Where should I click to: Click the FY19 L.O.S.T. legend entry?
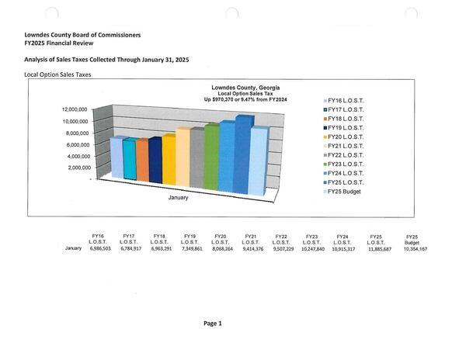(x=343, y=126)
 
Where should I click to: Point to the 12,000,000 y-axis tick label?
(x=78, y=109)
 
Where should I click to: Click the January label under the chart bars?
(x=178, y=197)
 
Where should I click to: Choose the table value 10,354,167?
(x=412, y=248)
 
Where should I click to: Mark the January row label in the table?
(x=73, y=248)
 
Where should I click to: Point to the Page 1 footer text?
(x=213, y=323)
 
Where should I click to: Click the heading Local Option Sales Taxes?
(x=58, y=74)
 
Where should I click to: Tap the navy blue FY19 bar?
(x=155, y=160)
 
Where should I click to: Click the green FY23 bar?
(x=210, y=157)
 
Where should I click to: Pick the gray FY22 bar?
(x=196, y=158)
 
